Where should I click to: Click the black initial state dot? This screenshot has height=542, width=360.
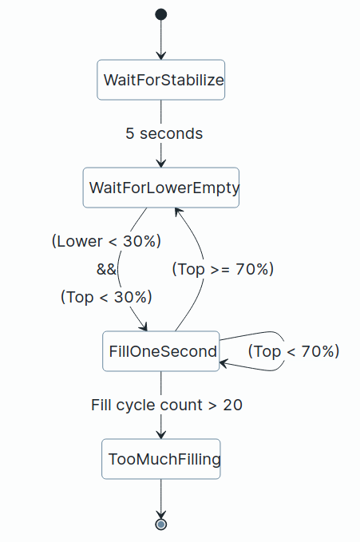point(160,14)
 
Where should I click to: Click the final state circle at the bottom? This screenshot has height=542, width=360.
point(160,524)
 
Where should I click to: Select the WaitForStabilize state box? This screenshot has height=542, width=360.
point(160,80)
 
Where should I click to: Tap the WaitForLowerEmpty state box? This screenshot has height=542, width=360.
point(160,188)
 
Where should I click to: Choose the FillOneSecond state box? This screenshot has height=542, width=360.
point(160,351)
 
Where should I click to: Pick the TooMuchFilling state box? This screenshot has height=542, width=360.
point(160,459)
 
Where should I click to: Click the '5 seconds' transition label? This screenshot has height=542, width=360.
point(164,134)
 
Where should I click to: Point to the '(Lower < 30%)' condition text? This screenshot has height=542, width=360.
point(106,241)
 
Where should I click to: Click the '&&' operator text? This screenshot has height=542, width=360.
point(106,269)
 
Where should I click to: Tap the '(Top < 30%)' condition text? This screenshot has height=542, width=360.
point(106,297)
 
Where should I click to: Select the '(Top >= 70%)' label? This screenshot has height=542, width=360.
point(223,269)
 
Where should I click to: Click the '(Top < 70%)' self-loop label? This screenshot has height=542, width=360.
point(294,351)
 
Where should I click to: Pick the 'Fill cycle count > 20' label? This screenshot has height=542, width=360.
point(167,406)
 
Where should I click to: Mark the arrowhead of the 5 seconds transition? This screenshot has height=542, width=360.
point(160,164)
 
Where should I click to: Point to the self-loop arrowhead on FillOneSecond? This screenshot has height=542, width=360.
point(224,363)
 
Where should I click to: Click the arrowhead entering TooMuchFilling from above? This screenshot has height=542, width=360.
point(160,435)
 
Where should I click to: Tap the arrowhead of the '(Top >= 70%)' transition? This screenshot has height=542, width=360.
point(177,212)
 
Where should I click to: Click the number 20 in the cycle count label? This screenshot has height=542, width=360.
point(233,406)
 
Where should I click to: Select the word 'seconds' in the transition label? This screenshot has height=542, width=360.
point(171,134)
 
